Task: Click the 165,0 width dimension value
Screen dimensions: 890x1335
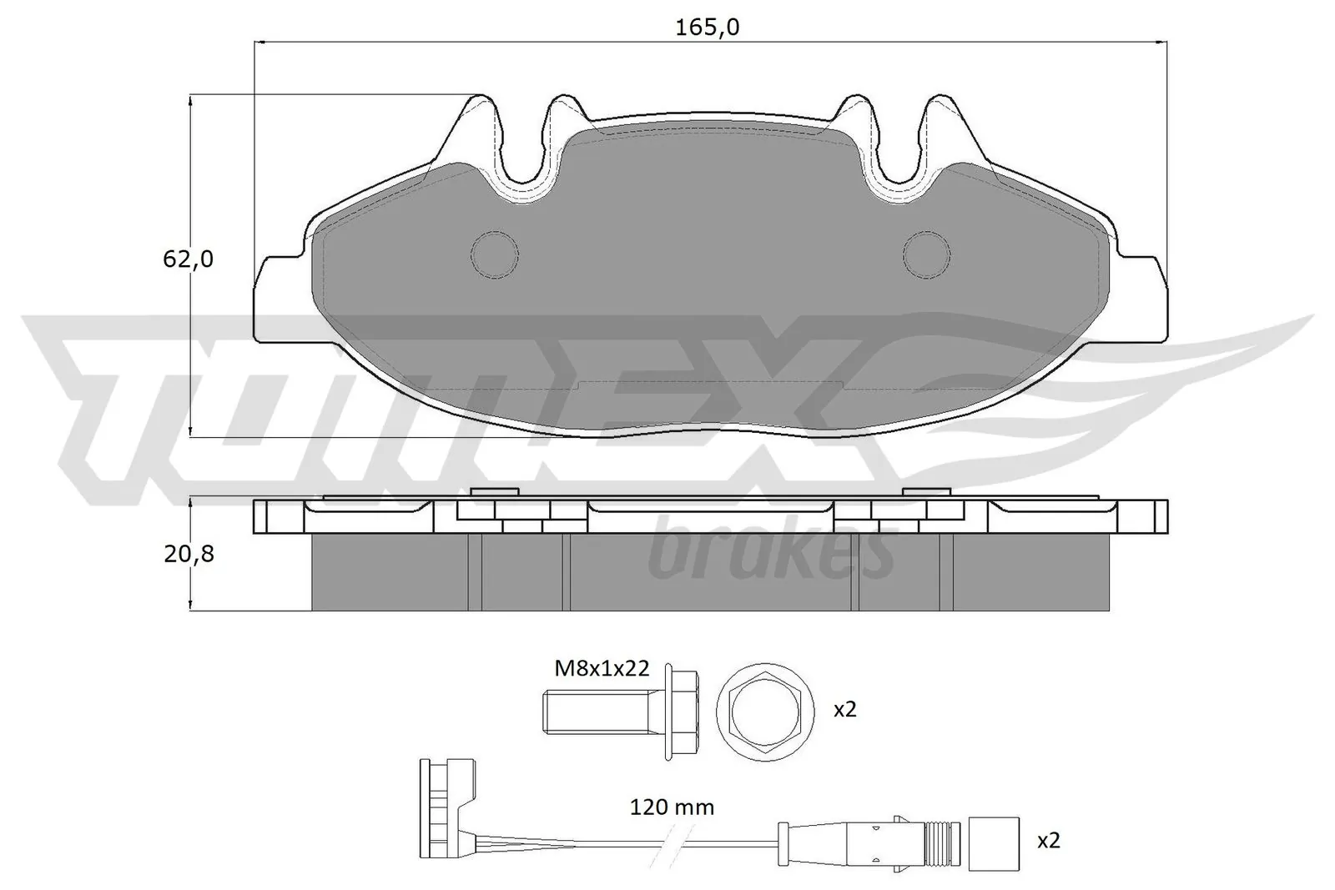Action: tap(708, 28)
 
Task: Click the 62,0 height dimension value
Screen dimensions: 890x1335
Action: tap(188, 259)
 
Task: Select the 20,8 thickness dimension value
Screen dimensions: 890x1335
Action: tap(189, 553)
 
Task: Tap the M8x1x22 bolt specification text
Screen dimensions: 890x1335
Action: tap(602, 668)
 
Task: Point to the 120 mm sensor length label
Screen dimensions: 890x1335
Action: tap(672, 807)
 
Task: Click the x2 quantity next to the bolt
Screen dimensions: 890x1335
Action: tap(845, 710)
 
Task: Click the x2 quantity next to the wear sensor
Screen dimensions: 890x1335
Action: tap(1048, 841)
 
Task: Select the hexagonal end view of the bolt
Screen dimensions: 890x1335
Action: tap(765, 711)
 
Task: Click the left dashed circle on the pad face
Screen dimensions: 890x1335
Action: tap(495, 254)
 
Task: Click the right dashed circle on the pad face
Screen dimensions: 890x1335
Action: tap(927, 254)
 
